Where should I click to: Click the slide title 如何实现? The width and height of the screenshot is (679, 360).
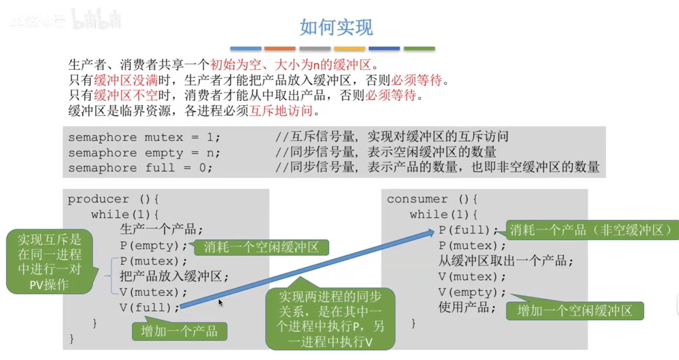[x=336, y=27]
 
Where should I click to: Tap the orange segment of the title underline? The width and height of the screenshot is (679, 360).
[x=280, y=48]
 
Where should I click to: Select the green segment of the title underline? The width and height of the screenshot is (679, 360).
[x=419, y=48]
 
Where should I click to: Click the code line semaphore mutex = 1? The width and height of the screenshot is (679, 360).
[x=144, y=137]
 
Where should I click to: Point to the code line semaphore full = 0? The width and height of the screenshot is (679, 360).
[x=140, y=168]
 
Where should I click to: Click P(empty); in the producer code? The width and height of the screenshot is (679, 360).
[x=153, y=246]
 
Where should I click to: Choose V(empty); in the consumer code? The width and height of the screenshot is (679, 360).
[x=472, y=292]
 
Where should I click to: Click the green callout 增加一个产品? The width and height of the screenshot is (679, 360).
[x=179, y=331]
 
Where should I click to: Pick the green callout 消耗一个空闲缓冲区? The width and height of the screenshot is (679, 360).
[x=261, y=247]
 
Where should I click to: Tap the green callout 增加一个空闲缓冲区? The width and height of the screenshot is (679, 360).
[x=575, y=311]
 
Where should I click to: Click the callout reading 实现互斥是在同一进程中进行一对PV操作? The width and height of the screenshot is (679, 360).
[x=49, y=262]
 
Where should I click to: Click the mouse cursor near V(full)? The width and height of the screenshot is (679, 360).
[x=220, y=302]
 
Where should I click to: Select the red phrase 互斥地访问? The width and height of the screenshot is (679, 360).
[x=281, y=111]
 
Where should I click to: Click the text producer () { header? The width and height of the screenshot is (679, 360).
[x=113, y=199]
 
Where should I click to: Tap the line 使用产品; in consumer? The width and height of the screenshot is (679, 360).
[x=467, y=307]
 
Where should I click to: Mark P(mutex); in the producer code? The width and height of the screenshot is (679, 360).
[x=153, y=261]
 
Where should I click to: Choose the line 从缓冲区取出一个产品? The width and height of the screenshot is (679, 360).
[x=506, y=261]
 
